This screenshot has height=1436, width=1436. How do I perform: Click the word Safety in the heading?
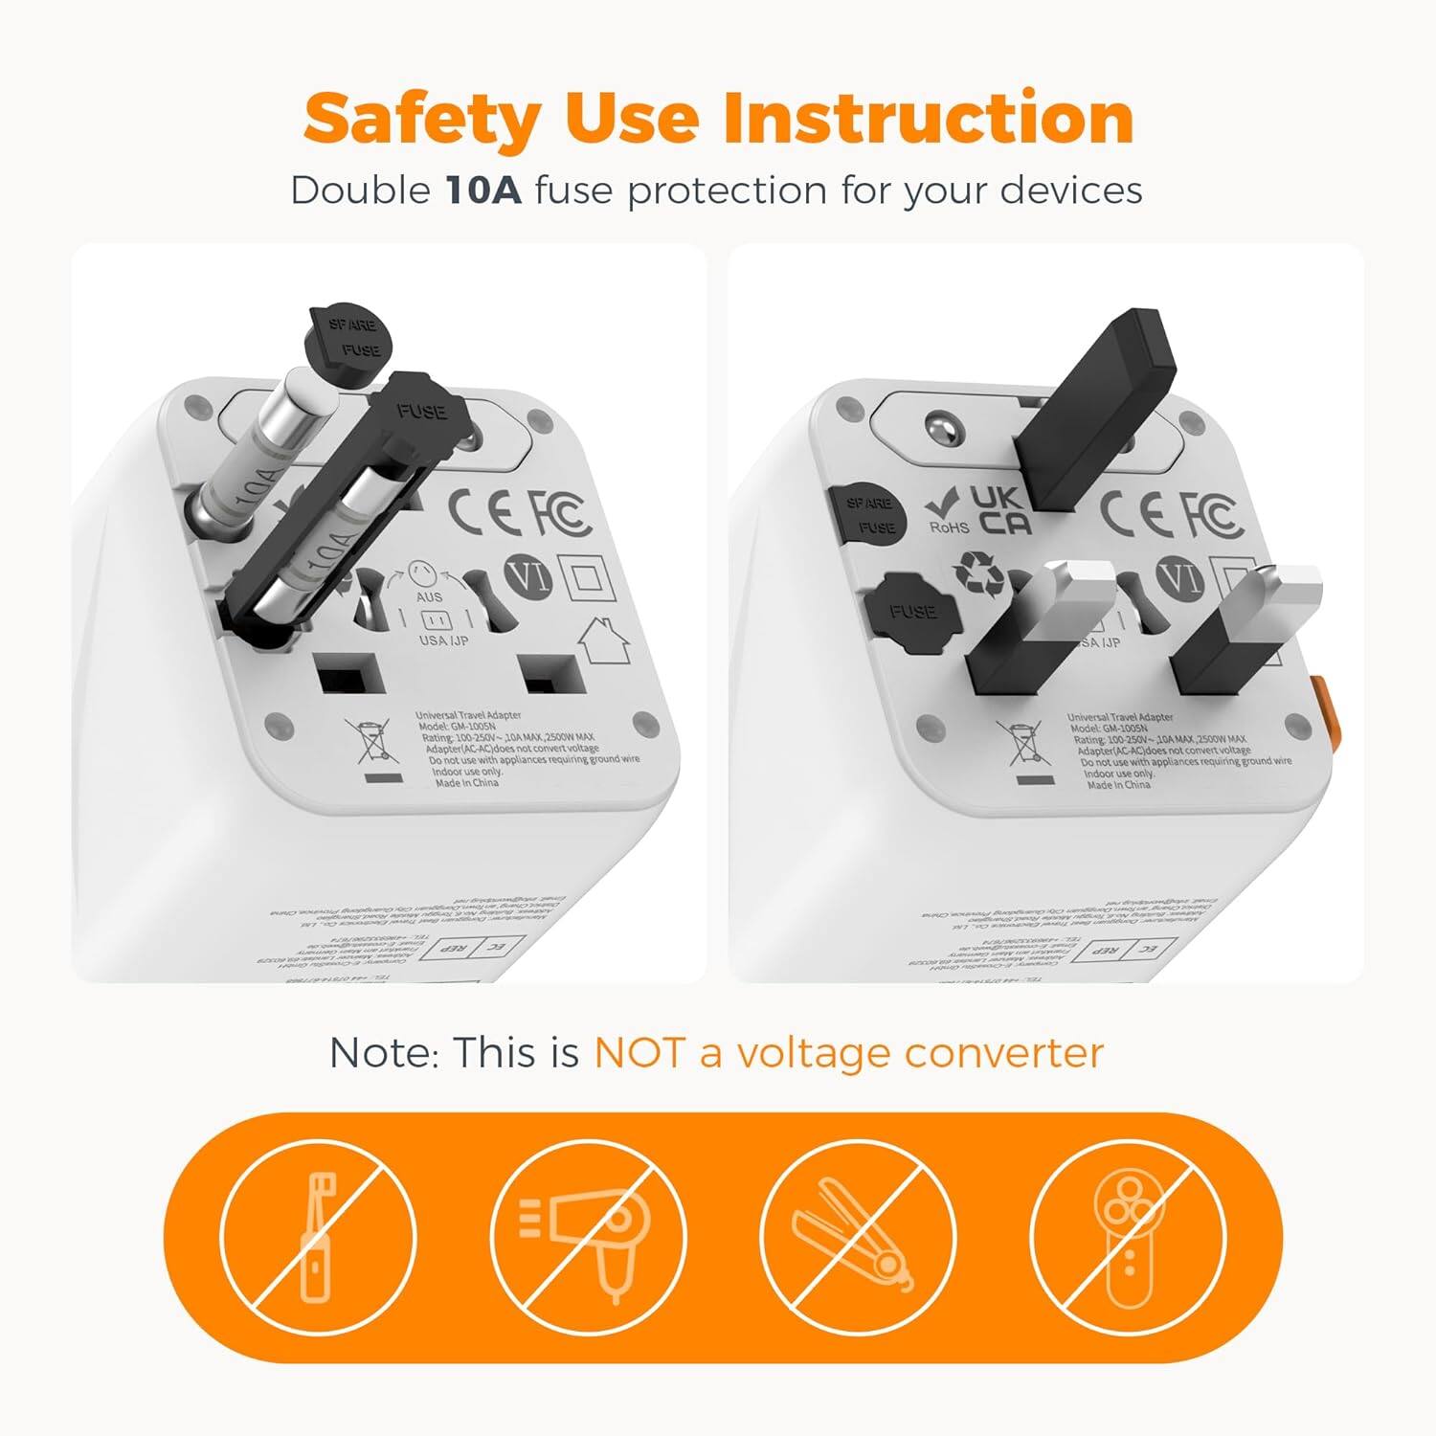(422, 119)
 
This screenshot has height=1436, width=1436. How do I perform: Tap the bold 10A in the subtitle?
(483, 191)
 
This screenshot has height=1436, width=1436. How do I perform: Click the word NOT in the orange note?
(639, 1053)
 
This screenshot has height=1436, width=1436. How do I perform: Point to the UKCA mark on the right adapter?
(1001, 509)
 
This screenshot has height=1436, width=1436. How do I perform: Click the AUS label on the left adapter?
(429, 596)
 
